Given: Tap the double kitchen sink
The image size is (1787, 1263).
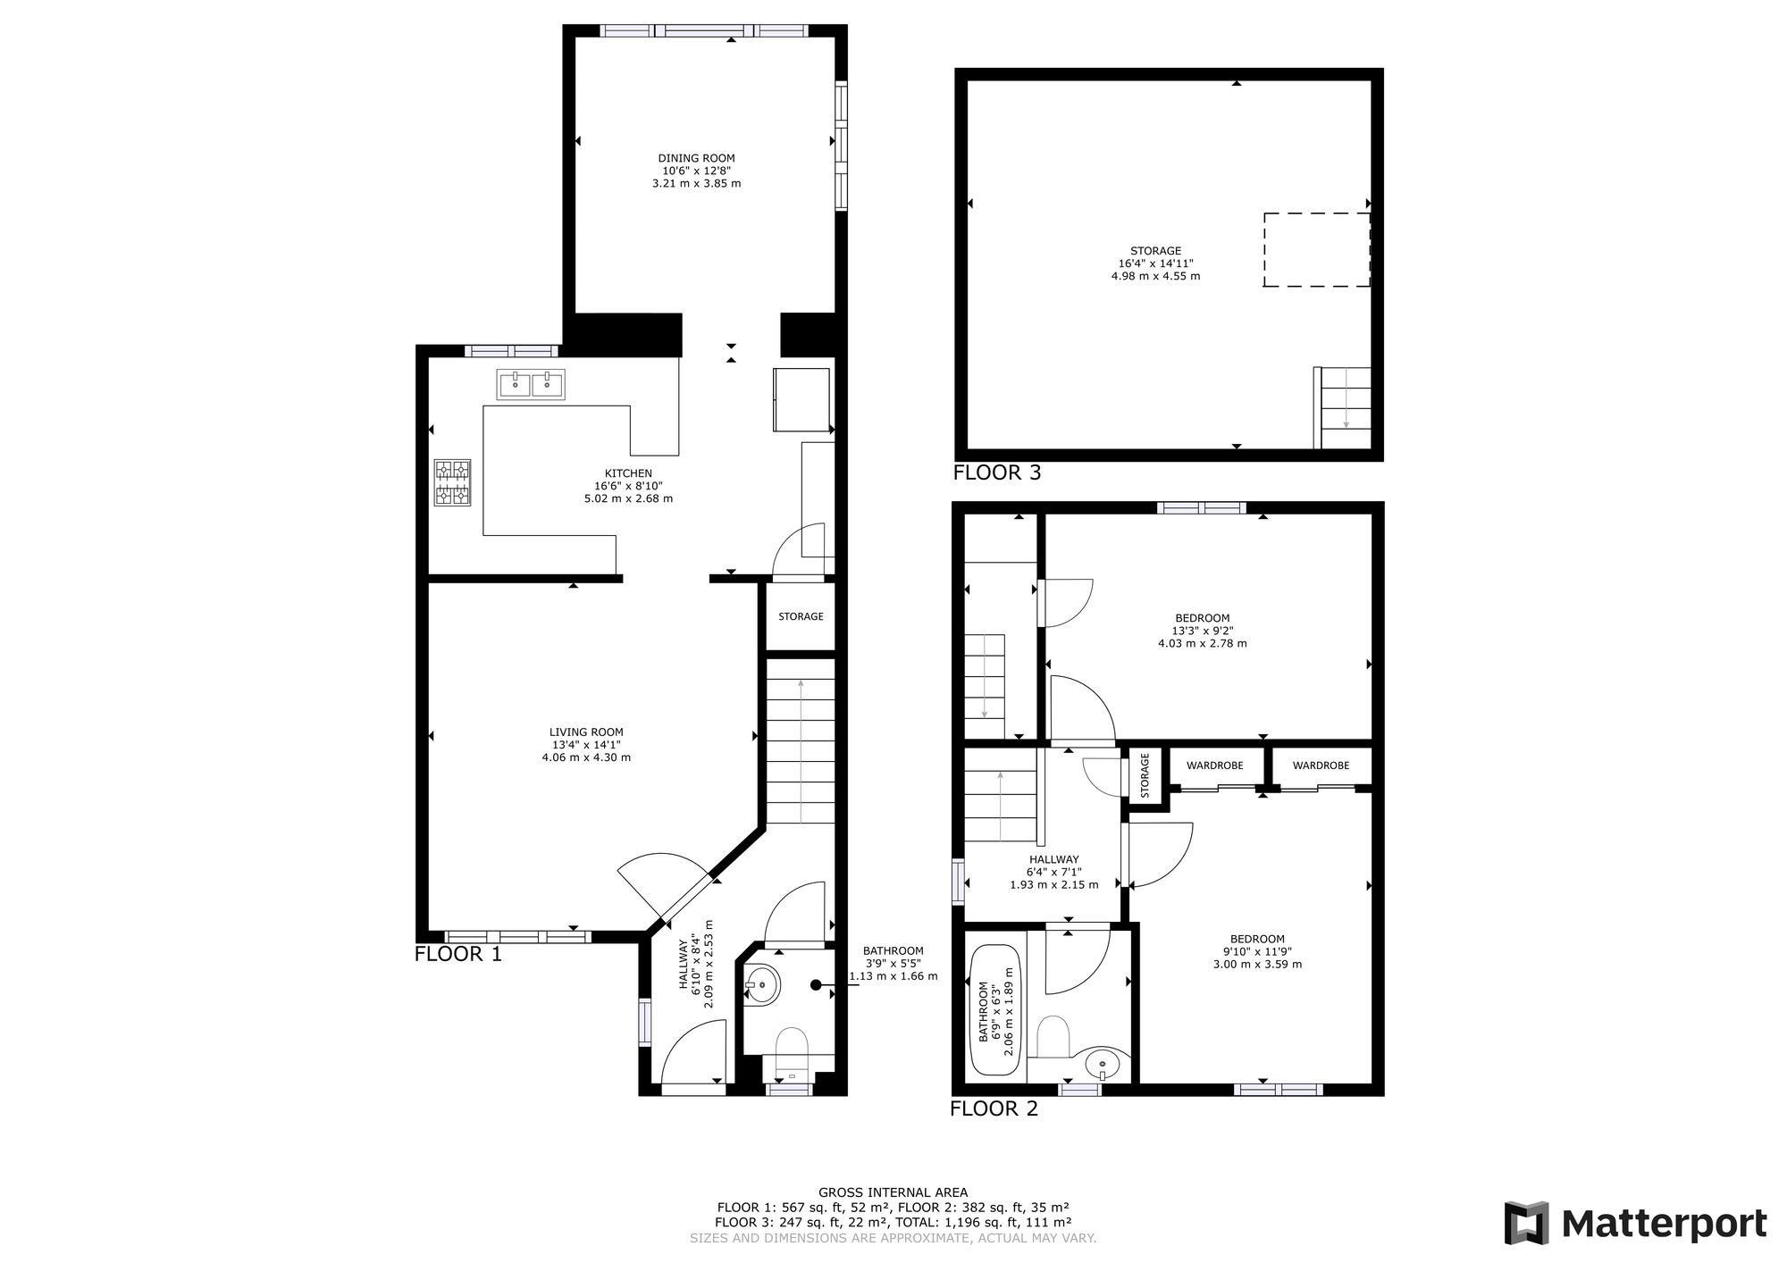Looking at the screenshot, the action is tap(531, 385).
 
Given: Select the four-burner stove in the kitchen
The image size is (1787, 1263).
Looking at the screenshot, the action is tap(453, 482).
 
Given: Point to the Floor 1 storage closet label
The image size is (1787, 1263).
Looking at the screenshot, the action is tap(801, 616).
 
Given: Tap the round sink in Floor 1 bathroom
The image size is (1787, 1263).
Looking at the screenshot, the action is tap(761, 986).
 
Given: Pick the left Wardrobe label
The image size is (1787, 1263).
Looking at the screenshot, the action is tap(1218, 765).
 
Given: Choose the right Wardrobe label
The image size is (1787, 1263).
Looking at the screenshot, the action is tap(1321, 765).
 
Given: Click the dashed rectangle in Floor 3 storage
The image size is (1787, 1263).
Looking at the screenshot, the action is tap(1316, 250).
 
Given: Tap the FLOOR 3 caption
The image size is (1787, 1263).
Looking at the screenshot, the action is tap(997, 473).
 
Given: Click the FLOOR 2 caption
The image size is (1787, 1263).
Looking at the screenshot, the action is tap(994, 1109).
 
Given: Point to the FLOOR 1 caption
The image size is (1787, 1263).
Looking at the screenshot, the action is tap(458, 954).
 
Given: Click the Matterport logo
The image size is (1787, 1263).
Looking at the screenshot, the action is tap(1636, 1223).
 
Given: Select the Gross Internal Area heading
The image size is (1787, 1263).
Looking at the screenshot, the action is tap(893, 1192).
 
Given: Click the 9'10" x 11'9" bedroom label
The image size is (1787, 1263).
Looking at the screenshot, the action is tap(1257, 951).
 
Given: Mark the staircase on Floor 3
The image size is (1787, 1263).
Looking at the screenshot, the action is tap(1342, 407).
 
